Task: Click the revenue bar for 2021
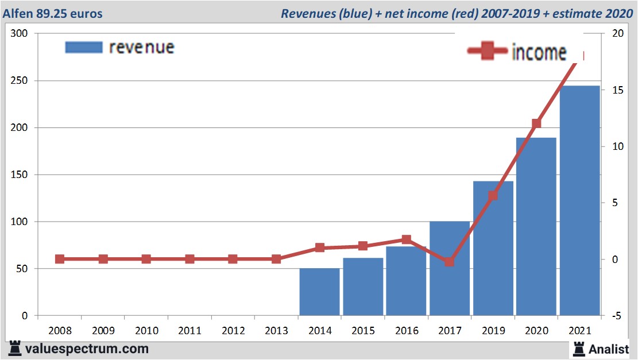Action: click(x=580, y=200)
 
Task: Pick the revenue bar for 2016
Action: click(x=406, y=281)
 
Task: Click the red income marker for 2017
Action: click(x=449, y=262)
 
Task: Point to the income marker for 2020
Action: click(x=536, y=123)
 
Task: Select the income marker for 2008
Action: click(x=60, y=259)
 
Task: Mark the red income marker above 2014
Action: click(x=320, y=248)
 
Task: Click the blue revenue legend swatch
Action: click(x=83, y=47)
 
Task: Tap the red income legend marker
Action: click(x=488, y=52)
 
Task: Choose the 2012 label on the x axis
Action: click(x=233, y=331)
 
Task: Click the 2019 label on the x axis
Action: click(x=493, y=331)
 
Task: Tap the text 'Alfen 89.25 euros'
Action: click(x=53, y=13)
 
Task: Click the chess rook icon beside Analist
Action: click(x=578, y=348)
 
